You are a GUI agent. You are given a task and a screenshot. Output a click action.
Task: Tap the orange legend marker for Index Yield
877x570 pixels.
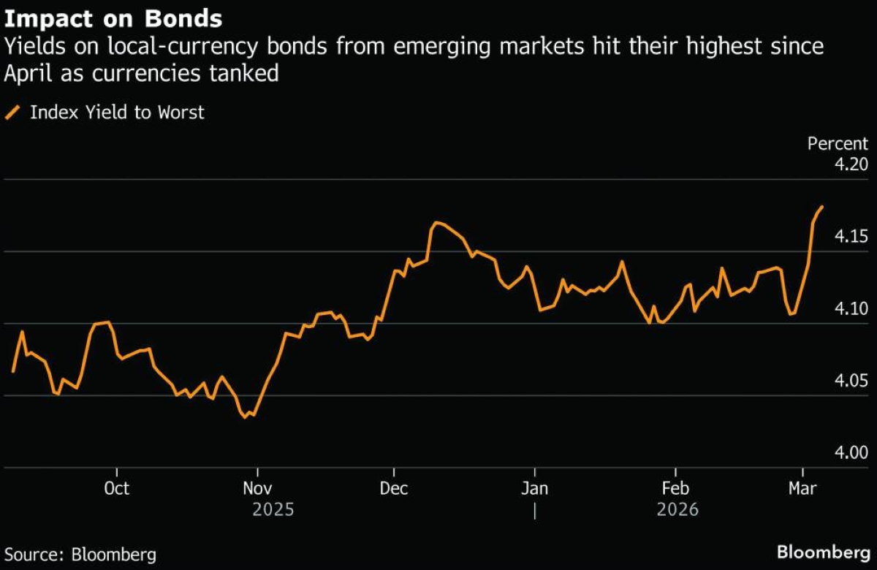[x=12, y=113]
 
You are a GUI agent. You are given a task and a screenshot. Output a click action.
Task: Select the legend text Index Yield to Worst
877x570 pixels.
[x=117, y=113]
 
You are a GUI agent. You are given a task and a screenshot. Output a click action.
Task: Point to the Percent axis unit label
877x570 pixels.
[x=838, y=144]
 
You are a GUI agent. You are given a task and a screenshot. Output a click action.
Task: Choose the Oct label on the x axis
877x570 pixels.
[x=116, y=487]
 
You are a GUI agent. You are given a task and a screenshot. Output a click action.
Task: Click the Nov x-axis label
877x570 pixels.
[x=257, y=487]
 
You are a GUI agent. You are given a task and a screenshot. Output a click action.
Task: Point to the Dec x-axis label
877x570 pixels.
[x=394, y=487]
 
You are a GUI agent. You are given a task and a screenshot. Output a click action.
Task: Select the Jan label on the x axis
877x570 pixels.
[x=535, y=487]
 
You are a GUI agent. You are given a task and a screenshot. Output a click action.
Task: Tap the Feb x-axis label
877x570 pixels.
[x=675, y=487]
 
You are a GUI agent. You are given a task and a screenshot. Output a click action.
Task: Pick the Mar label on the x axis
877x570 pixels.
[x=803, y=487]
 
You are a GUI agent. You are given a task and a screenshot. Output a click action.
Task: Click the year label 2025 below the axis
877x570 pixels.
[x=273, y=509]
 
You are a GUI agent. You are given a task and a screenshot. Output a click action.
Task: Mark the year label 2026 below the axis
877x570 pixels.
[x=677, y=509]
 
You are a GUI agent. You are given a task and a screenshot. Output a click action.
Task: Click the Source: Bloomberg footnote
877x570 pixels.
[x=80, y=554]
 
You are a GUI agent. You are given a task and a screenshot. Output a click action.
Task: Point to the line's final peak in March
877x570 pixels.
[x=823, y=207]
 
